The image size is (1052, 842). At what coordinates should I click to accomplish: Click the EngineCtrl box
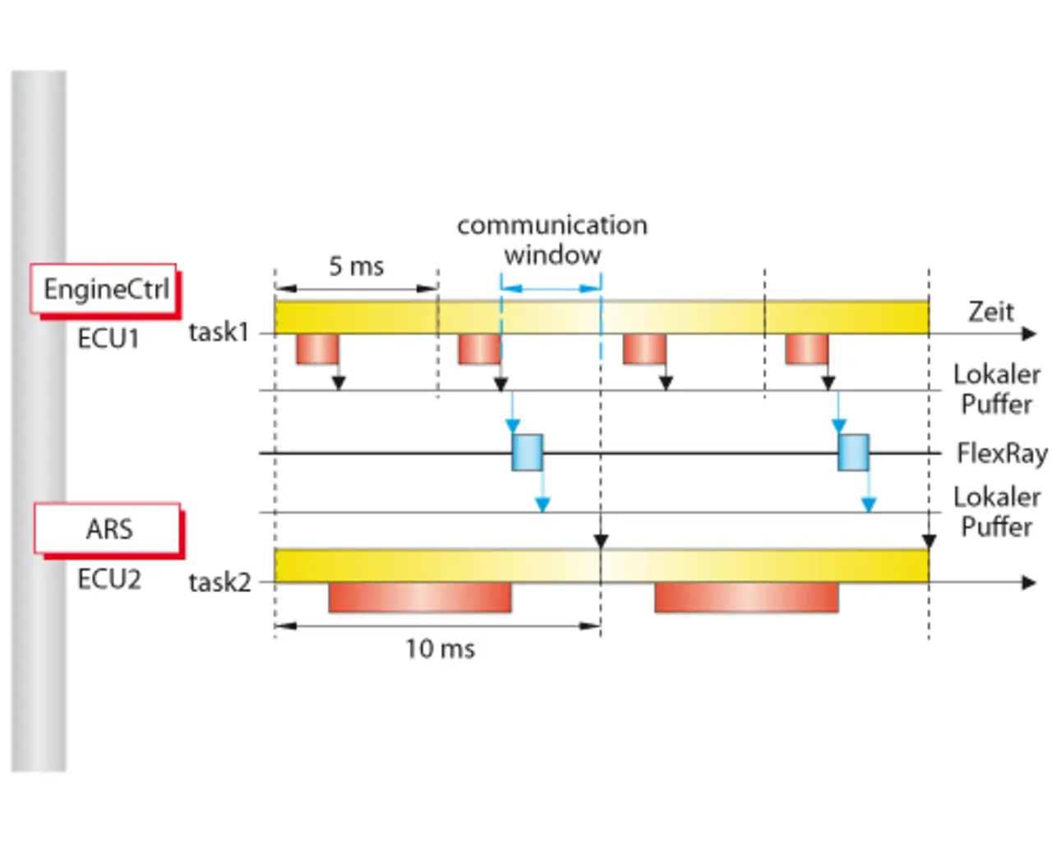(x=104, y=289)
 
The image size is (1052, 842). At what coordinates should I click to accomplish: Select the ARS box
(x=108, y=529)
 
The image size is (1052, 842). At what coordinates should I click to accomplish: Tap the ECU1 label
(x=108, y=338)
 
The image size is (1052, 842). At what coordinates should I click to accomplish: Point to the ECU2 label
(x=108, y=579)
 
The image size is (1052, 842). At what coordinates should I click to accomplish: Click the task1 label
(x=218, y=332)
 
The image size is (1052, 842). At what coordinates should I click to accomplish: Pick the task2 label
(x=219, y=582)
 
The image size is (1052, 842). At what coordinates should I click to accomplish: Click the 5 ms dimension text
(x=356, y=266)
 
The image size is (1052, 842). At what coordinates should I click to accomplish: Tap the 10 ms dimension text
(x=440, y=649)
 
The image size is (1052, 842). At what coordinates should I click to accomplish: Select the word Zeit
(x=990, y=312)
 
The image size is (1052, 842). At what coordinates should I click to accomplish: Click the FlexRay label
(x=1001, y=453)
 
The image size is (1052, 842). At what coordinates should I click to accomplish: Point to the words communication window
(x=552, y=239)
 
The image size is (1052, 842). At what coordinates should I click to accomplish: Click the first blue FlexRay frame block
(x=527, y=452)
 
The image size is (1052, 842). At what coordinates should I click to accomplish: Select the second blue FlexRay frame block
(x=853, y=452)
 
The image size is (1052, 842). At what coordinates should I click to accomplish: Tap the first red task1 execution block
(x=317, y=349)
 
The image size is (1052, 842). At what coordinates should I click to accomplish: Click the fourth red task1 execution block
(x=806, y=349)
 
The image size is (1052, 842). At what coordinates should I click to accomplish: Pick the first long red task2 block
(x=420, y=598)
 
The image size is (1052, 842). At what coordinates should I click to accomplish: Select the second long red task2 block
(x=746, y=598)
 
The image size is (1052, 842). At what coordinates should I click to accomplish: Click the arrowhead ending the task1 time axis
(x=1028, y=334)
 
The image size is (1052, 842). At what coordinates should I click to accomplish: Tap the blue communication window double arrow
(x=551, y=288)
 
